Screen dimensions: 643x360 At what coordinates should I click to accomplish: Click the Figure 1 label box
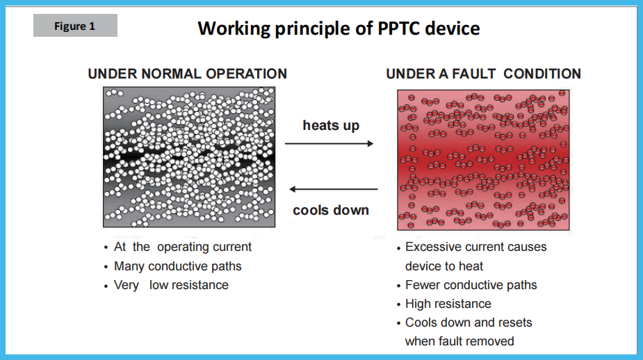[x=76, y=26]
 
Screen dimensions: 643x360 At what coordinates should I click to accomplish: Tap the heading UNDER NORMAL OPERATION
[x=188, y=74]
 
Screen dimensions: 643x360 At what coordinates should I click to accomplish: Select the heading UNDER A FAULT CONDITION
[x=484, y=74]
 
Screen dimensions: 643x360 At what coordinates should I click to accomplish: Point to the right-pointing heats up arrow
[x=329, y=143]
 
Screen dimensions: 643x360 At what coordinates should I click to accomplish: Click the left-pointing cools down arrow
[x=334, y=189]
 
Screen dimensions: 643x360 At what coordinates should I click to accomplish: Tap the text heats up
[x=331, y=126]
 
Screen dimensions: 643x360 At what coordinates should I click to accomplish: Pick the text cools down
[x=331, y=210]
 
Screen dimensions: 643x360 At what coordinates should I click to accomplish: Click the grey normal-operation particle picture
[x=189, y=156]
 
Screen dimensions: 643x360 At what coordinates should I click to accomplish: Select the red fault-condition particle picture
[x=484, y=160]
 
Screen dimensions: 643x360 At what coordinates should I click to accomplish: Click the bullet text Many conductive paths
[x=177, y=266]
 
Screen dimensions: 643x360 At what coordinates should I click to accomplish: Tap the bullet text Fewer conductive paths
[x=471, y=285]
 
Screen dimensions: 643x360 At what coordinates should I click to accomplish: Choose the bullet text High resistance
[x=448, y=304]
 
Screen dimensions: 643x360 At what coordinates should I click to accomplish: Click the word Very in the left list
[x=127, y=286]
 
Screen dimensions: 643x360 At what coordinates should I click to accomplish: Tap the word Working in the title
[x=234, y=29]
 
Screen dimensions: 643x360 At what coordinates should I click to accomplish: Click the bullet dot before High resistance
[x=398, y=304]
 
